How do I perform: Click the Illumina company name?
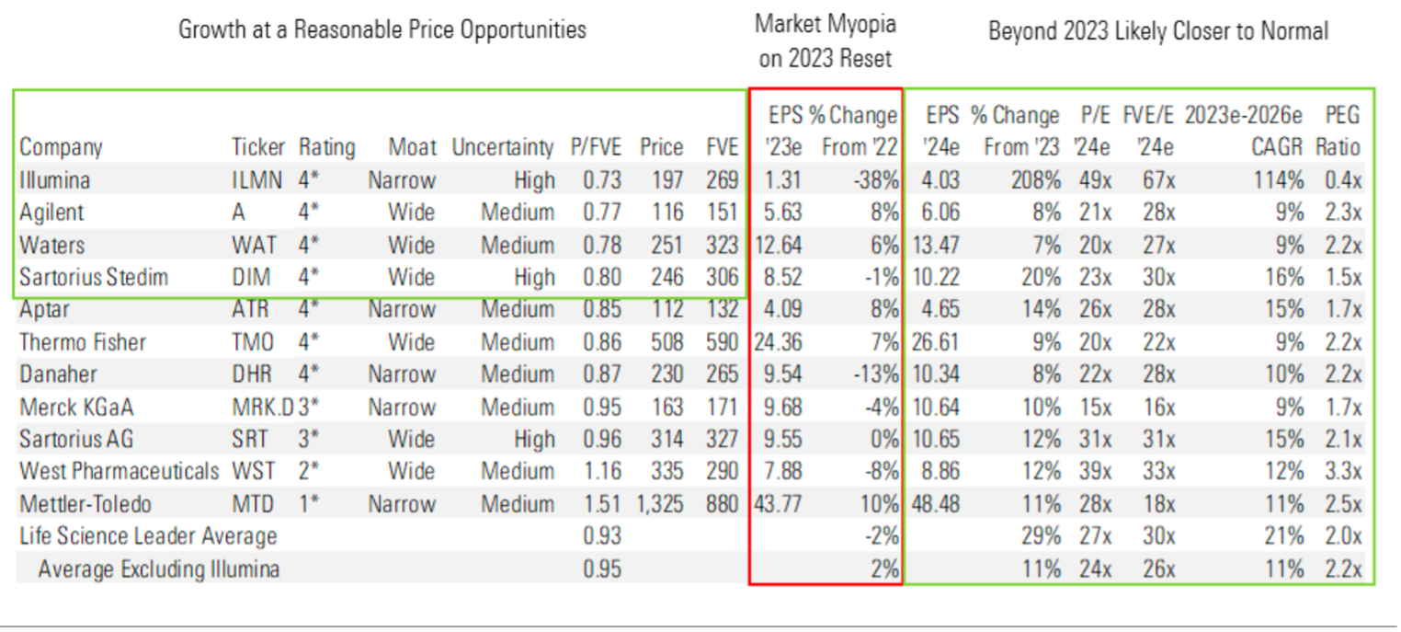point(54,180)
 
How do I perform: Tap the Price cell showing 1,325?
point(659,504)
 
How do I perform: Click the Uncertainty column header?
point(503,147)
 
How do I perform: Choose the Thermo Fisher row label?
point(83,342)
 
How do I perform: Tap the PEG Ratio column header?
point(1341,132)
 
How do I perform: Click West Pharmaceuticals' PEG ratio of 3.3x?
point(1343,472)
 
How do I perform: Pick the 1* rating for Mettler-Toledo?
point(311,504)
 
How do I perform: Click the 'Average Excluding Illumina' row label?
point(158,569)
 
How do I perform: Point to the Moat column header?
point(412,147)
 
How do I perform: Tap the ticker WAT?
point(252,246)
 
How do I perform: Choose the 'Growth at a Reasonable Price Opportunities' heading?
point(382,29)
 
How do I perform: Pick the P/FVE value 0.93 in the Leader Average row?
point(602,536)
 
